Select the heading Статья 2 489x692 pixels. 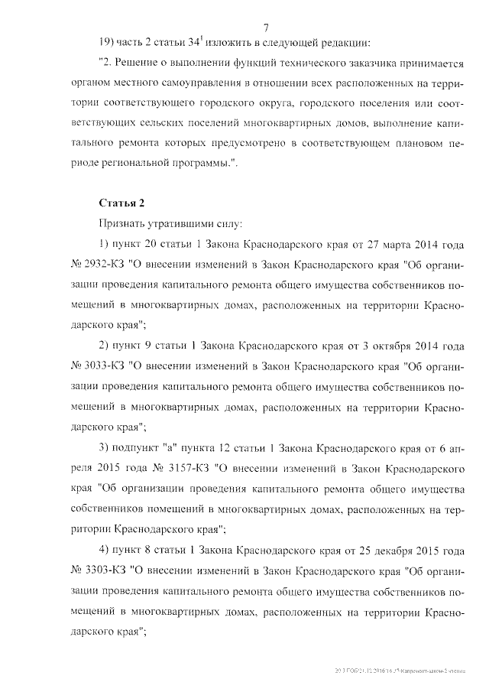tap(121, 203)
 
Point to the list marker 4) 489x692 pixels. tap(106, 549)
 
